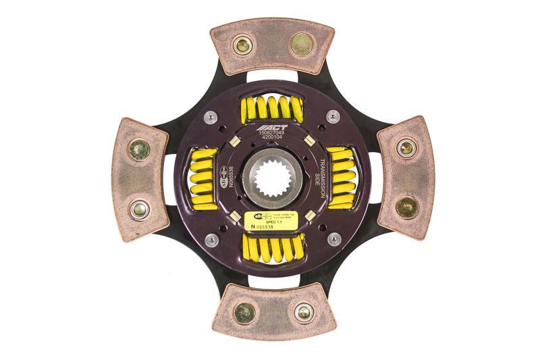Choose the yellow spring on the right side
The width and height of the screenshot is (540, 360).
point(341,178)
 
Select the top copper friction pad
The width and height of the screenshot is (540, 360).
point(272,46)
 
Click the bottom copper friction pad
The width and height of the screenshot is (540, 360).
point(273,312)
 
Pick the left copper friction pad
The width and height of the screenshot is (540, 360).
point(139,179)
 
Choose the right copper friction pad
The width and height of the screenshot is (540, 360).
point(406,177)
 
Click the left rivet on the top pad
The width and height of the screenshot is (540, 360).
point(241,46)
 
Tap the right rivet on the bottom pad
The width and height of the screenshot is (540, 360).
point(304,312)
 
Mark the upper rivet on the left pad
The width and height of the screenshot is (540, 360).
point(140,149)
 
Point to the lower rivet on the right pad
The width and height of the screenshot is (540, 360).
point(406,207)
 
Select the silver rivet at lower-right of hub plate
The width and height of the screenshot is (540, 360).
point(333,239)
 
